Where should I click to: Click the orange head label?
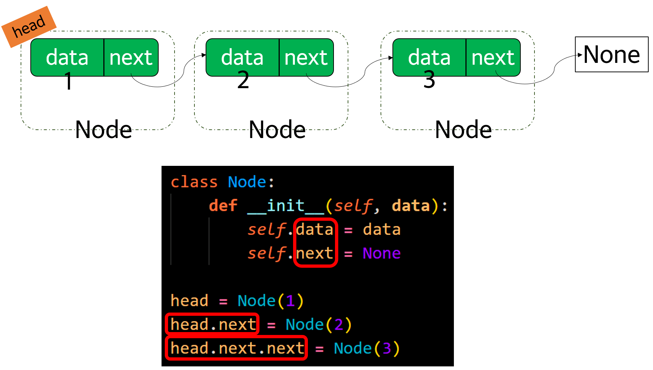click(x=29, y=27)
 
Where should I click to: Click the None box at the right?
click(x=611, y=55)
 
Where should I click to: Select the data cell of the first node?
click(x=67, y=57)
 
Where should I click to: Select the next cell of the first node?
click(x=131, y=57)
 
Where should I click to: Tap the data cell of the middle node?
click(x=242, y=57)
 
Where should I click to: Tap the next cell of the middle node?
click(x=306, y=57)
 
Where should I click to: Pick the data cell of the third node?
click(x=429, y=57)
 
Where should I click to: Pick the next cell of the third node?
click(x=493, y=57)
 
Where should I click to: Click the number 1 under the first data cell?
click(x=68, y=81)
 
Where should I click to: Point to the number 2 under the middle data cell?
click(x=243, y=80)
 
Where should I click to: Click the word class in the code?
click(x=194, y=182)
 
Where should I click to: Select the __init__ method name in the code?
click(x=286, y=206)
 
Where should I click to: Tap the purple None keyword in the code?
click(x=382, y=253)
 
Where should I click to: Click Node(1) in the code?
click(x=270, y=301)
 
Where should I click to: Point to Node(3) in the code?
click(x=366, y=348)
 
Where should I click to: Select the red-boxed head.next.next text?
click(x=237, y=348)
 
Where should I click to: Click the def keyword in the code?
click(x=223, y=206)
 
